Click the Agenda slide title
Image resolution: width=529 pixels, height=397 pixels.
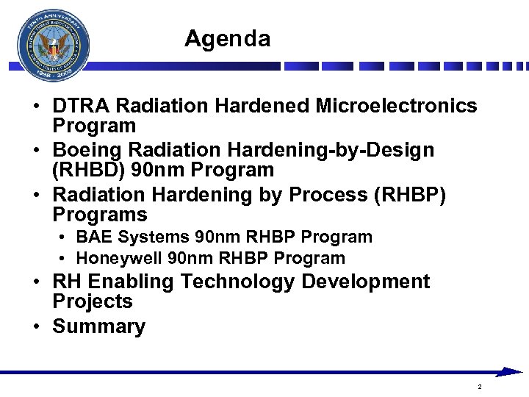coord(227,38)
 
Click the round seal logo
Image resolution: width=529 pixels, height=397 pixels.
coord(54,46)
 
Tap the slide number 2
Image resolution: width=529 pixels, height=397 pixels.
coord(479,387)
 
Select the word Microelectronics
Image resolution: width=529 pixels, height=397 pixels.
coord(396,107)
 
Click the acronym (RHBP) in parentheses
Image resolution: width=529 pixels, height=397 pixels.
coord(408,195)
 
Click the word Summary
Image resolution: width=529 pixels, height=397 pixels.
coord(98,327)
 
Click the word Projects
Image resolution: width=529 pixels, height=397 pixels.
coord(92,302)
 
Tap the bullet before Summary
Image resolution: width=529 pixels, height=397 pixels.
coord(36,327)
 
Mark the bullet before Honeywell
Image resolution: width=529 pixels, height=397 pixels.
coord(65,259)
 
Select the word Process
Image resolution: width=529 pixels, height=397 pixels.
coord(328,195)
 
